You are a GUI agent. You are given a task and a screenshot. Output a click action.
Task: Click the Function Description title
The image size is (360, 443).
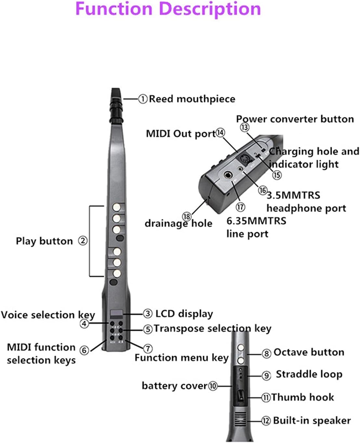168,9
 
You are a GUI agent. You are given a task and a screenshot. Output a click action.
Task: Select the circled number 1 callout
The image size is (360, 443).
143,99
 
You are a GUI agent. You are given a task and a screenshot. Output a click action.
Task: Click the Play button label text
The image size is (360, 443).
44,241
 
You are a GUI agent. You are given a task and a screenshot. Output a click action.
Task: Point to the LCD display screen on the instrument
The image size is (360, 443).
116,314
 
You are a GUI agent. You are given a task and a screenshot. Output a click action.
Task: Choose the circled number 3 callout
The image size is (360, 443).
148,314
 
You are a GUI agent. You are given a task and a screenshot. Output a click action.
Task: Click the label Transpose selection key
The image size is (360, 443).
212,328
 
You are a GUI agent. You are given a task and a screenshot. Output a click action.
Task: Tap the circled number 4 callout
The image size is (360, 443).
84,324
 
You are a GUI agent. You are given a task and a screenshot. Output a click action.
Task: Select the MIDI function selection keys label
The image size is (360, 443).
41,354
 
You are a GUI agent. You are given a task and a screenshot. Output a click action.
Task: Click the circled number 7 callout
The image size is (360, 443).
148,349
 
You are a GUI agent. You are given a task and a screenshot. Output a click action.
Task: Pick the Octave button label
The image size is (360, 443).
309,352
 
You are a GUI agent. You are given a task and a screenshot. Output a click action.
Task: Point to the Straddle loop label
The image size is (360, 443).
309,374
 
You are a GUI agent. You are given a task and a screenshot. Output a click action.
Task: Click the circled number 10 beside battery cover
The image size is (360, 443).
213,386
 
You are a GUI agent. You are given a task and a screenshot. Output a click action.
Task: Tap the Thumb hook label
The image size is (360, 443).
302,397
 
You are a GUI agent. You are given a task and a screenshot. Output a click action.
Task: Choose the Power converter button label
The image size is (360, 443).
295,119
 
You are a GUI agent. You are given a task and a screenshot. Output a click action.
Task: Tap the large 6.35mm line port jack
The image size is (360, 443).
229,176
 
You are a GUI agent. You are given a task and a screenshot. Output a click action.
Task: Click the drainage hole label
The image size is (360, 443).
178,223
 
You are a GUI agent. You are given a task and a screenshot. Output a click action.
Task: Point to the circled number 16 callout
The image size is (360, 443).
262,190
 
